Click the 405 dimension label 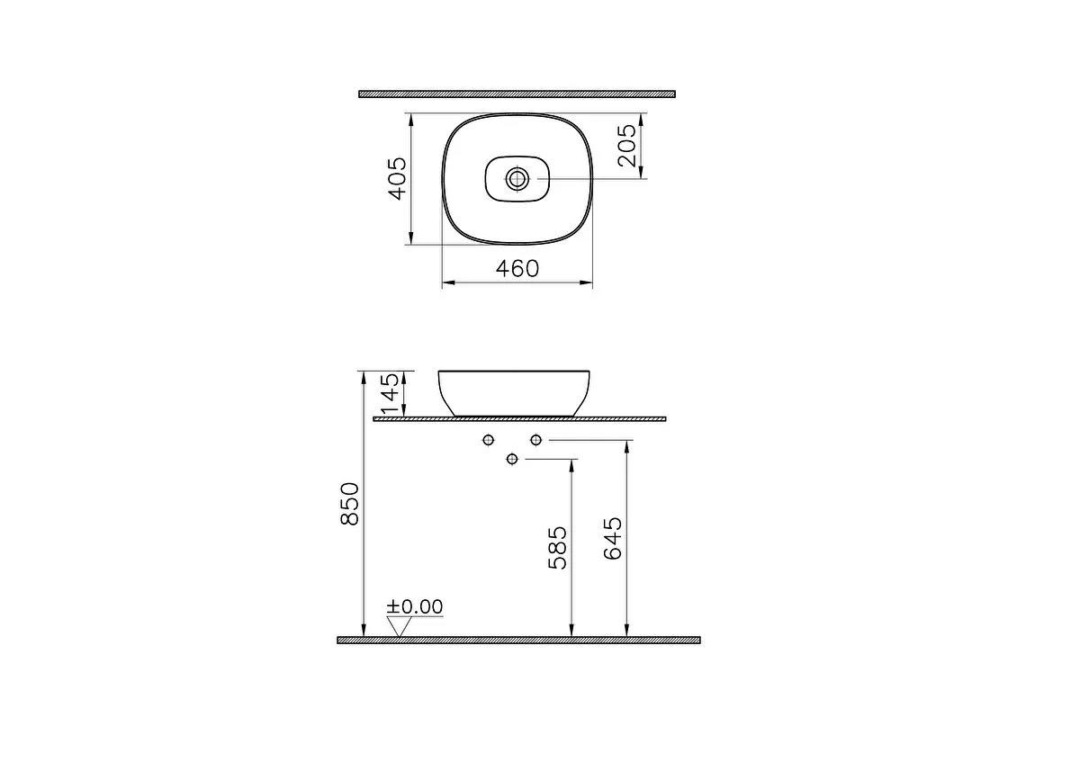tap(398, 178)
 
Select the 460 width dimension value tap(517, 268)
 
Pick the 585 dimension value tap(558, 547)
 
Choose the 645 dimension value tap(612, 538)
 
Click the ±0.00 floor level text tap(415, 607)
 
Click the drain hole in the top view tap(517, 178)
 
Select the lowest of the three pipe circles tap(512, 459)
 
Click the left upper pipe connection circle tap(489, 439)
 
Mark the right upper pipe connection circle tap(536, 439)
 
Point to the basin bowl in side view tap(514, 392)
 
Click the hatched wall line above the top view tap(517, 94)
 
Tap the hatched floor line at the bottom tap(518, 640)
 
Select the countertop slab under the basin tap(519, 418)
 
